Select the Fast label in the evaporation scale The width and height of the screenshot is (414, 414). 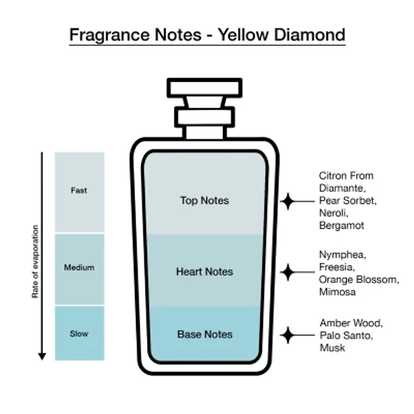79,190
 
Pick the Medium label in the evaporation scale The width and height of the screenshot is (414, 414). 79,268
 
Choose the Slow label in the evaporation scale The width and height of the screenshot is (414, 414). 79,334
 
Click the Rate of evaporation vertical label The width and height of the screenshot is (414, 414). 35,261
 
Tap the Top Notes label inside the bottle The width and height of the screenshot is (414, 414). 204,200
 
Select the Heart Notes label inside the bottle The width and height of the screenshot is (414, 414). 204,272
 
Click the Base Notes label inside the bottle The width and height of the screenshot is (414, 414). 204,334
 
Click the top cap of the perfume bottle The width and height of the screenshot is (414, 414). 204,87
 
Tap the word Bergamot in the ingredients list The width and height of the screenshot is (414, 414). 342,226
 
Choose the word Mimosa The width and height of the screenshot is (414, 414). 338,292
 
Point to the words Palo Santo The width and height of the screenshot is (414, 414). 345,335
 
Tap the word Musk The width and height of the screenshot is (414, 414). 332,348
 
